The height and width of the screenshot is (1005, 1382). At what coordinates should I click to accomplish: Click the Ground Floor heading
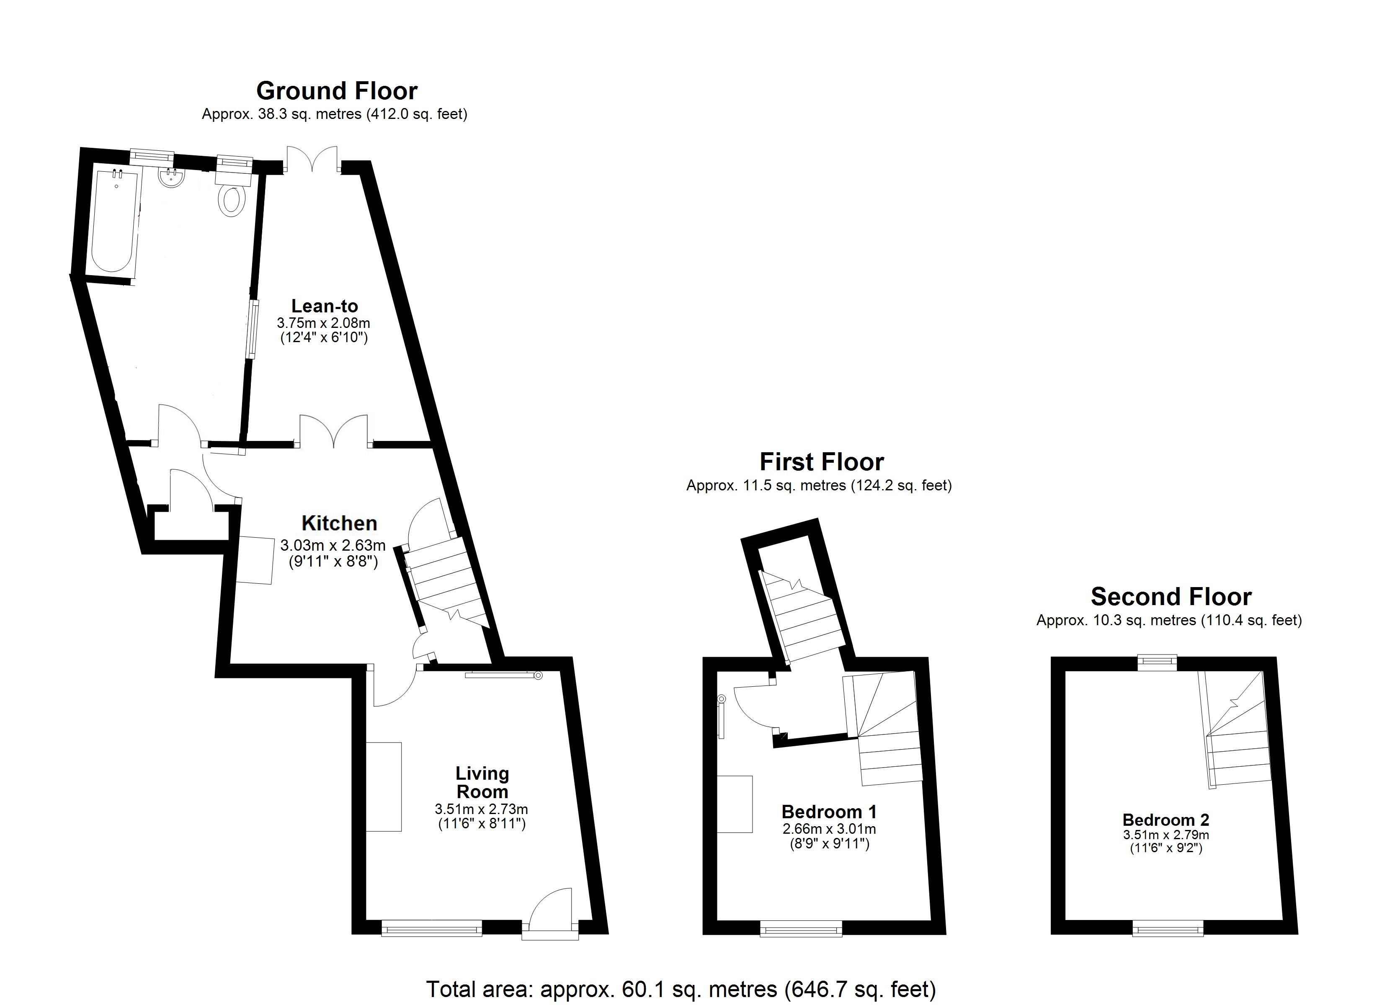pyautogui.click(x=337, y=91)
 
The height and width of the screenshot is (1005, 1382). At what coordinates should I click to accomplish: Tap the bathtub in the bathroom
pyautogui.click(x=114, y=221)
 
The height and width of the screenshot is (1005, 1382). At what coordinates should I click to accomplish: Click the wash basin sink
pyautogui.click(x=172, y=178)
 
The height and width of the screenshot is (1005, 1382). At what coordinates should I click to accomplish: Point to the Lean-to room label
pyautogui.click(x=324, y=306)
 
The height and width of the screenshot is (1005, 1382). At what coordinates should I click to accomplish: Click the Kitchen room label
pyautogui.click(x=339, y=523)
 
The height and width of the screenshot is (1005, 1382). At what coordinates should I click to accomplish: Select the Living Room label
pyautogui.click(x=482, y=783)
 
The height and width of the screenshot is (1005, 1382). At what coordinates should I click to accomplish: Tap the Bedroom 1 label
pyautogui.click(x=829, y=812)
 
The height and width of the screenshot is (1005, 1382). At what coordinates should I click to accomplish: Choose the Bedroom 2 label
pyautogui.click(x=1165, y=820)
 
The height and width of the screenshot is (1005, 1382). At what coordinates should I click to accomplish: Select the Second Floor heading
pyautogui.click(x=1171, y=597)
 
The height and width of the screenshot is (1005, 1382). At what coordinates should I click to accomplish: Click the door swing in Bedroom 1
pyautogui.click(x=754, y=706)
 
